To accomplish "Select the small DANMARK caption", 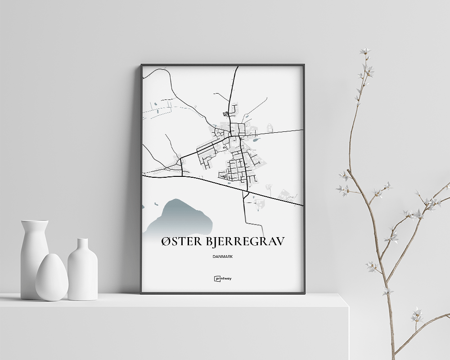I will (223, 257).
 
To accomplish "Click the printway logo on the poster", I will (223, 279).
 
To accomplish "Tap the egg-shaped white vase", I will (52, 278).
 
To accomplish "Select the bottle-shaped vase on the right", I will (82, 270).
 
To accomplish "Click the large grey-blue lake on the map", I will (184, 216).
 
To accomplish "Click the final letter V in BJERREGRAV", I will (280, 242).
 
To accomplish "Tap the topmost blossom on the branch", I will (364, 51).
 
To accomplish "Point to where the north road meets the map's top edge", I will (237, 67).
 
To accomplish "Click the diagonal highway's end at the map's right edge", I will (302, 206).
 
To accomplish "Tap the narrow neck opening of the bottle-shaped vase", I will (83, 240).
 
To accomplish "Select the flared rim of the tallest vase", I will (35, 222).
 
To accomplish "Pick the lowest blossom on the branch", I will (417, 315).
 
